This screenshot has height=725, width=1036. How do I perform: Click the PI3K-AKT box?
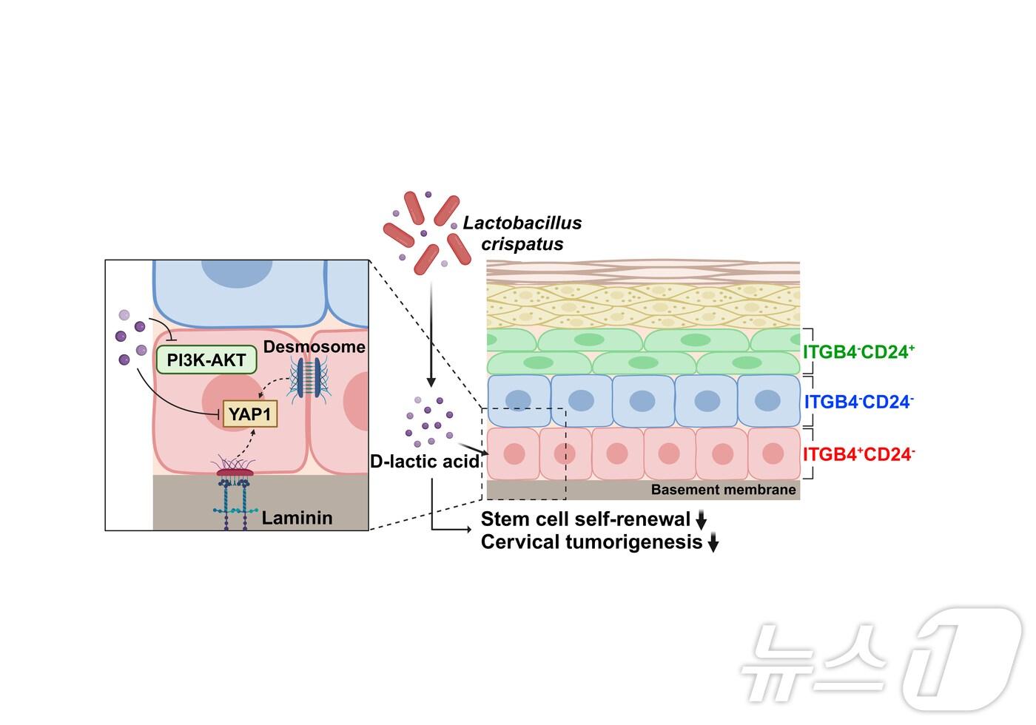pyautogui.click(x=206, y=360)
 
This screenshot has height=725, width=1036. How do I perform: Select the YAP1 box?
pyautogui.click(x=250, y=414)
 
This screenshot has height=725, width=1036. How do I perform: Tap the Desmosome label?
pyautogui.click(x=314, y=347)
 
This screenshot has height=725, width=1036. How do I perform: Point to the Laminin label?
pyautogui.click(x=297, y=518)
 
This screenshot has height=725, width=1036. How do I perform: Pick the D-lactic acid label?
pyautogui.click(x=425, y=462)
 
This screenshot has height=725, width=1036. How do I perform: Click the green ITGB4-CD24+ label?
pyautogui.click(x=859, y=351)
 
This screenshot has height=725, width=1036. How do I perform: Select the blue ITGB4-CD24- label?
pyautogui.click(x=859, y=402)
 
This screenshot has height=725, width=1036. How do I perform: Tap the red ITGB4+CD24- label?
pyautogui.click(x=859, y=454)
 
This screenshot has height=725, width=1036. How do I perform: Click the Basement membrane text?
pyautogui.click(x=723, y=490)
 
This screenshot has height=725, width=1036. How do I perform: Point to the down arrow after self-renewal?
pyautogui.click(x=702, y=520)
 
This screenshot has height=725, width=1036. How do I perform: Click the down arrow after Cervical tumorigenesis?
pyautogui.click(x=713, y=544)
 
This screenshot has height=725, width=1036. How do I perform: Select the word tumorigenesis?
pyautogui.click(x=633, y=542)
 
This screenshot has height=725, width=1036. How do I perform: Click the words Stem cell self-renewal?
pyautogui.click(x=585, y=519)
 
